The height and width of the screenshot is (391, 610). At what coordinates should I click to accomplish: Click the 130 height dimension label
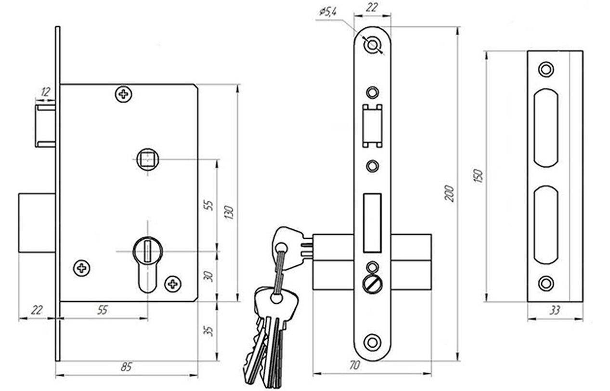point(229,212)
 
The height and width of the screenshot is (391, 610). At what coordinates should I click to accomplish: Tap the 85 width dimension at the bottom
point(126,367)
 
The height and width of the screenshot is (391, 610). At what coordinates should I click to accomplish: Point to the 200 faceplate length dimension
point(449,193)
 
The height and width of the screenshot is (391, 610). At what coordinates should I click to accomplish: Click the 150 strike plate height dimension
point(479,176)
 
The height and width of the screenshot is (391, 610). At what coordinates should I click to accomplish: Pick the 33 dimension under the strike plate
point(555,310)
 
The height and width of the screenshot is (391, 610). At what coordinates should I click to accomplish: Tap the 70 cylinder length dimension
point(354,365)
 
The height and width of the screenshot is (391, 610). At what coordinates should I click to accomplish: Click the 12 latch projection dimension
point(45,92)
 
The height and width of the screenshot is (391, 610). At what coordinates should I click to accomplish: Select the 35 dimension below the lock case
point(208,331)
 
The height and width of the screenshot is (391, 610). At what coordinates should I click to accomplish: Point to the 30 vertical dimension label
point(208,276)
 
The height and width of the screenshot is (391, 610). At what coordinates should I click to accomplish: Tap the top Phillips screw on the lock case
point(124,94)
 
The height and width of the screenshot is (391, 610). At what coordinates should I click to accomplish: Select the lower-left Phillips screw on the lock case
point(82,268)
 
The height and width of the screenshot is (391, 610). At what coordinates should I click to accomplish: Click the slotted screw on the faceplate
point(372,285)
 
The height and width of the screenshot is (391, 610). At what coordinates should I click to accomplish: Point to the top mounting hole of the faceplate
point(372,44)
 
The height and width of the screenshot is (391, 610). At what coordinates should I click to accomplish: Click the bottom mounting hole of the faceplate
point(372,342)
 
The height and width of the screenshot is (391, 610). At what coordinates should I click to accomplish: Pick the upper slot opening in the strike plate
point(546,128)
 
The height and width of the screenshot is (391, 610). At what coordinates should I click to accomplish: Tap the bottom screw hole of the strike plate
point(546,284)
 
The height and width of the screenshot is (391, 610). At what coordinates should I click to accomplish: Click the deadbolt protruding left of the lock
point(37,223)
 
